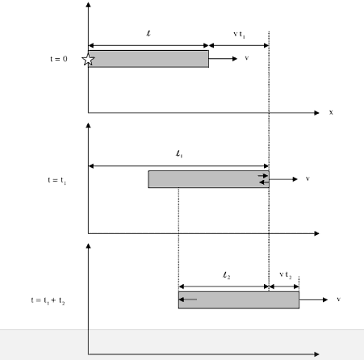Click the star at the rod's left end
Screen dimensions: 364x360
(x=88, y=60)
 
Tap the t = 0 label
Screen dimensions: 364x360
(x=59, y=59)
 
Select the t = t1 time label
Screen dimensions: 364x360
(x=56, y=180)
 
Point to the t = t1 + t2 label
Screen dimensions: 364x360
(x=48, y=300)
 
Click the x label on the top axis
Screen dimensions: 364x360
(x=331, y=112)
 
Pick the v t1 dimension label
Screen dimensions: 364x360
(x=239, y=35)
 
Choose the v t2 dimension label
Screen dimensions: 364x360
(x=285, y=275)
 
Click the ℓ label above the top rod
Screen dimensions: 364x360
(x=149, y=33)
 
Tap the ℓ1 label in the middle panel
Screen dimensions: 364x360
(x=179, y=154)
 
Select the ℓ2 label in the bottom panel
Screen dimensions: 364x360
(x=227, y=275)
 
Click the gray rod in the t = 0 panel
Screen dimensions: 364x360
(x=149, y=59)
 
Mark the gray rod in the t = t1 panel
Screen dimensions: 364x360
(x=208, y=179)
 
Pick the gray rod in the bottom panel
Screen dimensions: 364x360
(x=239, y=300)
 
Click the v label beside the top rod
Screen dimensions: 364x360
(x=247, y=58)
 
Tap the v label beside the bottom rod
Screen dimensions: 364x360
(x=339, y=299)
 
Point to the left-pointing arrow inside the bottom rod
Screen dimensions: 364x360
(x=188, y=299)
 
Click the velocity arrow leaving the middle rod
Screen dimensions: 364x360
(x=283, y=179)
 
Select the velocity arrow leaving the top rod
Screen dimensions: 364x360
(x=223, y=59)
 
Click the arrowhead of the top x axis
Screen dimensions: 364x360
(x=316, y=113)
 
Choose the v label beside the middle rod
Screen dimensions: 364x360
(x=308, y=178)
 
